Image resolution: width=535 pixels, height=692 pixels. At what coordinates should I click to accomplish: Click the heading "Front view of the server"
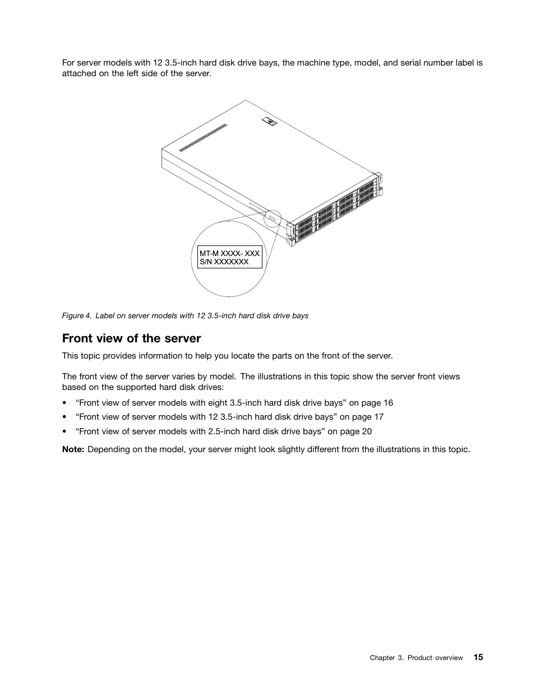[x=131, y=338]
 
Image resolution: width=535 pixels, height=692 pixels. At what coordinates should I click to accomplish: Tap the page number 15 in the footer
[x=477, y=657]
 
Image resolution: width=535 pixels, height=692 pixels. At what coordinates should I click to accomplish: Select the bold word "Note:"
[x=73, y=449]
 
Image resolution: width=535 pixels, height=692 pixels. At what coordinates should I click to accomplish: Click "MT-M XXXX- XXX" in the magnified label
[x=229, y=253]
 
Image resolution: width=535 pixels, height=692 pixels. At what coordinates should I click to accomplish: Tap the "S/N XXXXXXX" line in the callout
[x=224, y=262]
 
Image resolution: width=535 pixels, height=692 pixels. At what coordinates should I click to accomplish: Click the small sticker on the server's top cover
[x=270, y=120]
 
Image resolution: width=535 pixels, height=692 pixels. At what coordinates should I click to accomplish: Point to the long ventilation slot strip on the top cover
[x=204, y=138]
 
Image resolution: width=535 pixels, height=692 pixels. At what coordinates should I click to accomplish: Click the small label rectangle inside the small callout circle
[x=273, y=217]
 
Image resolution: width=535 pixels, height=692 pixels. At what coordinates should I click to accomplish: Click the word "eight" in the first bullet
[x=218, y=403]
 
